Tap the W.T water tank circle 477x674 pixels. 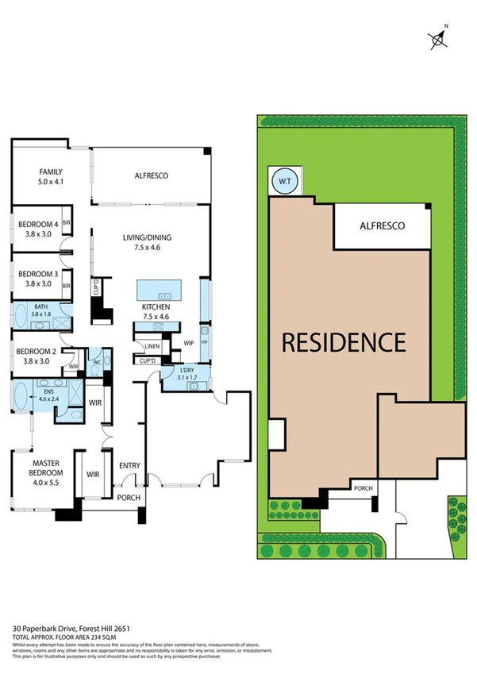(x=283, y=181)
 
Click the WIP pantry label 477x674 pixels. (x=189, y=343)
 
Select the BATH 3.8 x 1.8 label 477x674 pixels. (x=40, y=310)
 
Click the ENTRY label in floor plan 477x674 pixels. (x=129, y=465)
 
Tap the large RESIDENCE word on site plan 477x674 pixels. (x=344, y=342)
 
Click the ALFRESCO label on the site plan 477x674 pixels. (x=382, y=226)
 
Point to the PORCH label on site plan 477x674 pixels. (x=364, y=488)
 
